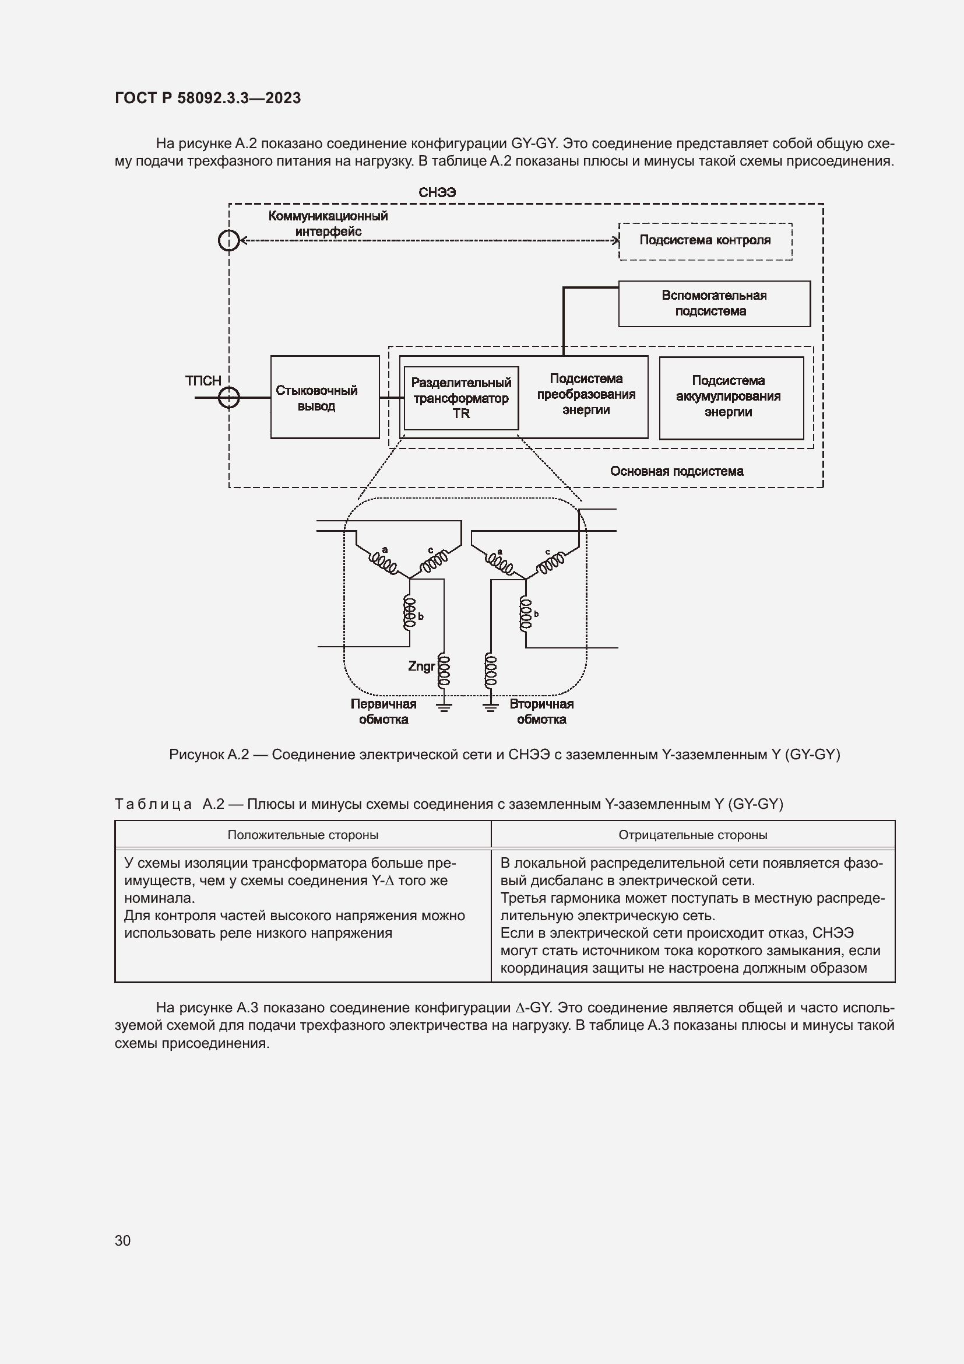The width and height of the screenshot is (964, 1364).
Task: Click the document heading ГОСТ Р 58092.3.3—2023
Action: pyautogui.click(x=207, y=98)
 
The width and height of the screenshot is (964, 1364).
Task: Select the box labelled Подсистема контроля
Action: pyautogui.click(x=705, y=241)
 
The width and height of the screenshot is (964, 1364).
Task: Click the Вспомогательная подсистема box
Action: pyautogui.click(x=713, y=304)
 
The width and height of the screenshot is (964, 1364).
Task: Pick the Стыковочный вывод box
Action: pyautogui.click(x=324, y=398)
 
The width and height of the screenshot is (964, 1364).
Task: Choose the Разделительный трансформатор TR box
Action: pyautogui.click(x=460, y=398)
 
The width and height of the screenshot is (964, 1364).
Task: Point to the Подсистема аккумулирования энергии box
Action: pyautogui.click(x=731, y=398)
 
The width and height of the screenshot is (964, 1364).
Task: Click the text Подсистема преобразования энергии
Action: pyautogui.click(x=586, y=394)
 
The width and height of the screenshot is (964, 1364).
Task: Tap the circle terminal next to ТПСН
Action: pyautogui.click(x=229, y=397)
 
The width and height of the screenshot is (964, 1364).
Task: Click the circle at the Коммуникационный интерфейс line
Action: pyautogui.click(x=229, y=241)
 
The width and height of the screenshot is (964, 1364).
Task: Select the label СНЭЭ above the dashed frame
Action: pyautogui.click(x=437, y=192)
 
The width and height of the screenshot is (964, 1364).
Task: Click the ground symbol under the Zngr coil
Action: pyautogui.click(x=444, y=706)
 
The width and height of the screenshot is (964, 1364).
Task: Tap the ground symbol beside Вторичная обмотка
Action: pyautogui.click(x=490, y=706)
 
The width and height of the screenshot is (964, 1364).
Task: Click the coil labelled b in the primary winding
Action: pyautogui.click(x=410, y=613)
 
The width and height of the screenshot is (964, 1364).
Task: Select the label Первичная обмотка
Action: pyautogui.click(x=384, y=711)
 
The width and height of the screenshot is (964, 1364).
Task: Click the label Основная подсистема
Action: pyautogui.click(x=676, y=471)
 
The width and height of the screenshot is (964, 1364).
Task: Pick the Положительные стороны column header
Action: pyautogui.click(x=302, y=834)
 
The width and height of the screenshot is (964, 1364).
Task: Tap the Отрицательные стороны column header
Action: pyautogui.click(x=692, y=834)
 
